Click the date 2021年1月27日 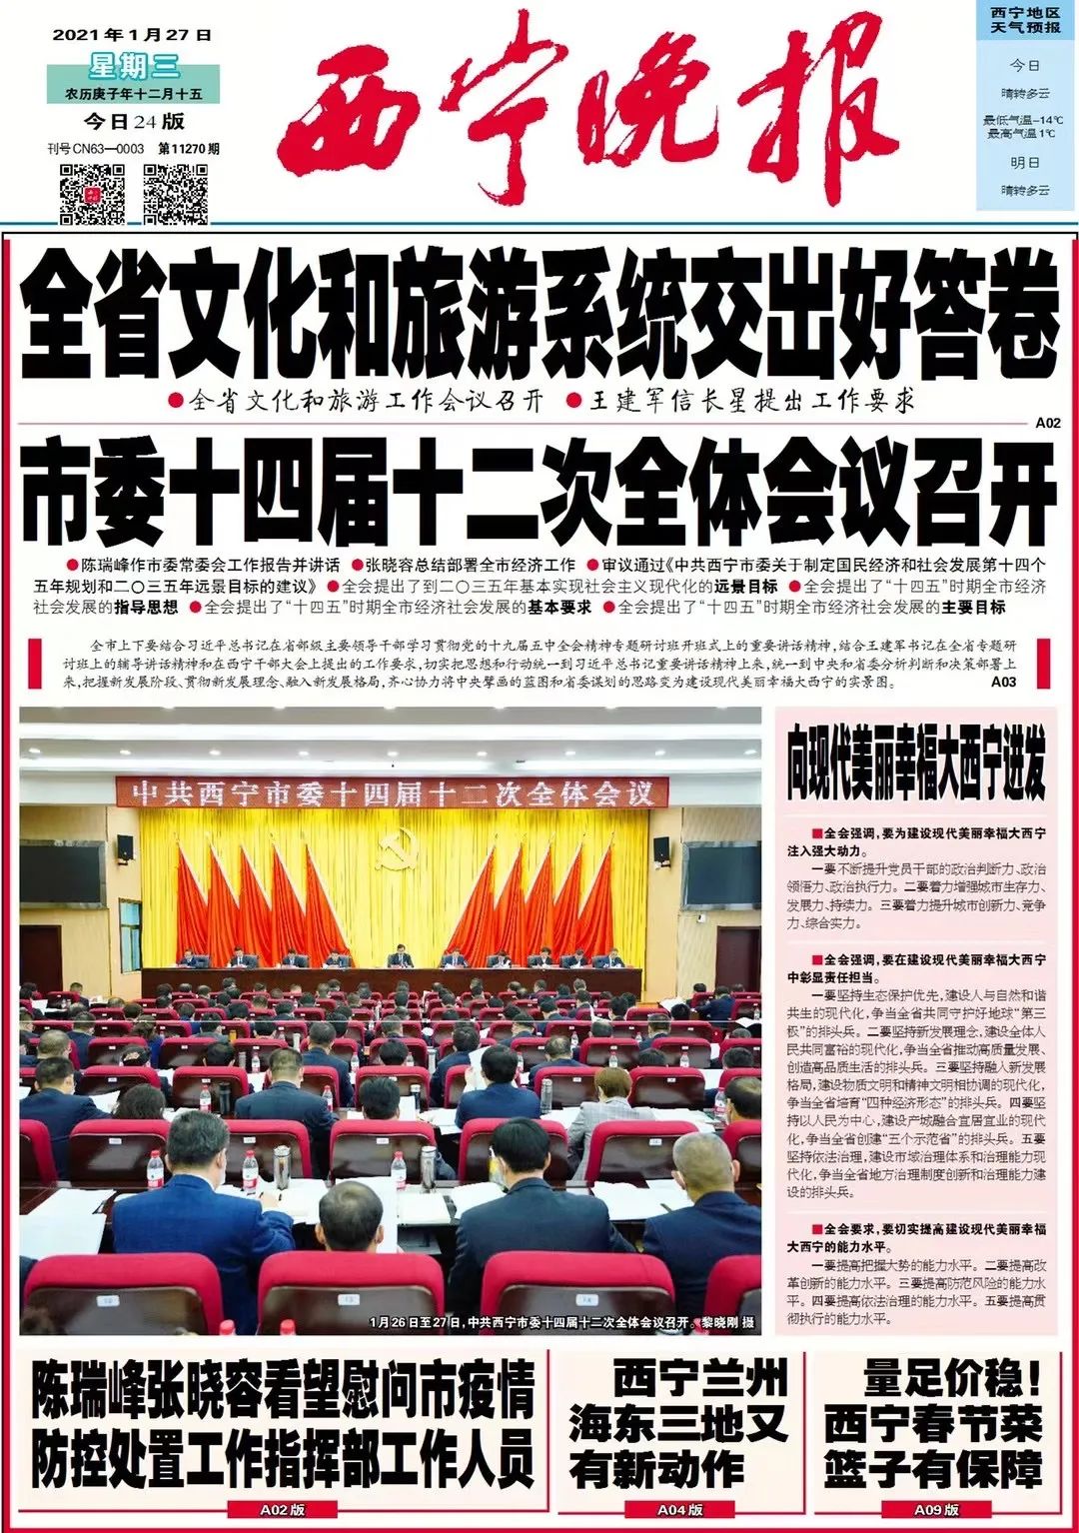[132, 34]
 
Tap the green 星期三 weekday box [133, 67]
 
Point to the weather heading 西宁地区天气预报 [1025, 20]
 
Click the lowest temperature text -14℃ [1025, 120]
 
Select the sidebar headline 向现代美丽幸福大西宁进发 [915, 770]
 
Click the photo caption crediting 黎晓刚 [561, 1322]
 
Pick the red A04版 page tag [680, 1510]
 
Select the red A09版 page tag [936, 1510]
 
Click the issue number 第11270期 [189, 149]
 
